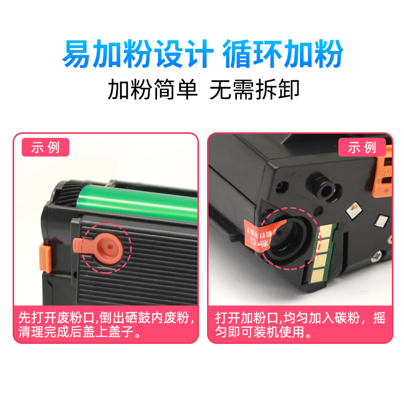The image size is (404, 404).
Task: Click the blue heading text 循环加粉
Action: click(283, 54)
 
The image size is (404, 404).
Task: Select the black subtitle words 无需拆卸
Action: click(255, 91)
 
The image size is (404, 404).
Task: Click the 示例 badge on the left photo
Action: click(45, 147)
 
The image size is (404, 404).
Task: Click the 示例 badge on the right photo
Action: click(362, 147)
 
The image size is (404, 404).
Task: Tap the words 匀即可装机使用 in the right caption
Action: click(263, 333)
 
